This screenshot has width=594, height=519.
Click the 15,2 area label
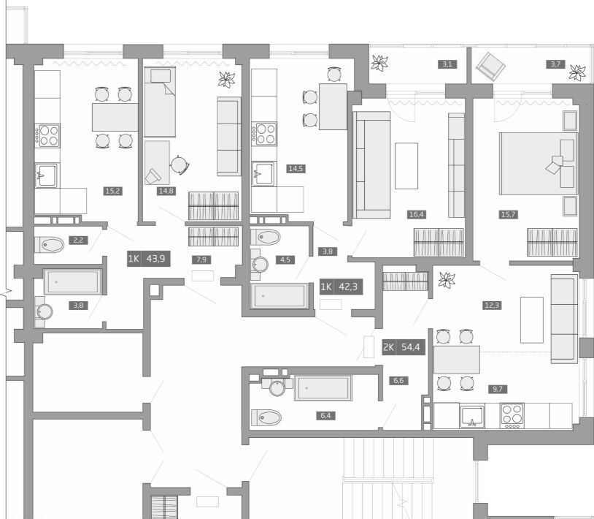point(113,191)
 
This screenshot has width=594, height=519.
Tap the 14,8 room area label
point(166,191)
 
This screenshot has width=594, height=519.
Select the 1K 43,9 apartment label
point(149,259)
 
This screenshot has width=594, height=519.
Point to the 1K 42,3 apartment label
point(342,287)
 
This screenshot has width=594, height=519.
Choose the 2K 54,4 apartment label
point(404,347)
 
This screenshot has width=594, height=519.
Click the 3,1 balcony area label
point(447,64)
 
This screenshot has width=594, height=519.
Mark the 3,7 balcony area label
point(555,64)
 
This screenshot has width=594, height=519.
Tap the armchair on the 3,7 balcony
point(490,67)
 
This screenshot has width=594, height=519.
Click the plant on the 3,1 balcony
point(379,63)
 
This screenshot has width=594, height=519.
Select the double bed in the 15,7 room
point(539,164)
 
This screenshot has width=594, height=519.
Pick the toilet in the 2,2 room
point(49,245)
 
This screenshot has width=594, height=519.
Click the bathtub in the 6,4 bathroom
point(323,387)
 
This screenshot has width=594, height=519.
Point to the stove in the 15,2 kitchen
point(47,135)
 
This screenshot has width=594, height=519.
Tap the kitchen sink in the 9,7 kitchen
point(472,415)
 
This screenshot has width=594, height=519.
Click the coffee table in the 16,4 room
point(406,166)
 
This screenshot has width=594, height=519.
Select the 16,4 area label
point(416,214)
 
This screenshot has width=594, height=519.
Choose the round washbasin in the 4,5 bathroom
point(261,264)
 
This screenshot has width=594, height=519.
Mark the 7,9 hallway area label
point(201,259)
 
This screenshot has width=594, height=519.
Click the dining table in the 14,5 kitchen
point(333,107)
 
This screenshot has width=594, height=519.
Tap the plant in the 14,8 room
point(226,80)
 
